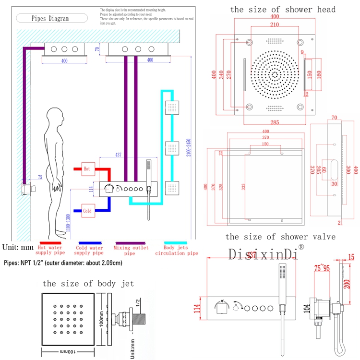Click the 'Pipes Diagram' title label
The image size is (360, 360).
tap(50, 19)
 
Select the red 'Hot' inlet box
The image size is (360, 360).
tap(87, 169)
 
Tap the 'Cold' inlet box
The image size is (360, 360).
tap(87, 211)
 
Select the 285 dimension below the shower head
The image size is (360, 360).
tap(275, 122)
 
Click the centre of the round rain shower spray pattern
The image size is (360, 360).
tap(275, 75)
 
